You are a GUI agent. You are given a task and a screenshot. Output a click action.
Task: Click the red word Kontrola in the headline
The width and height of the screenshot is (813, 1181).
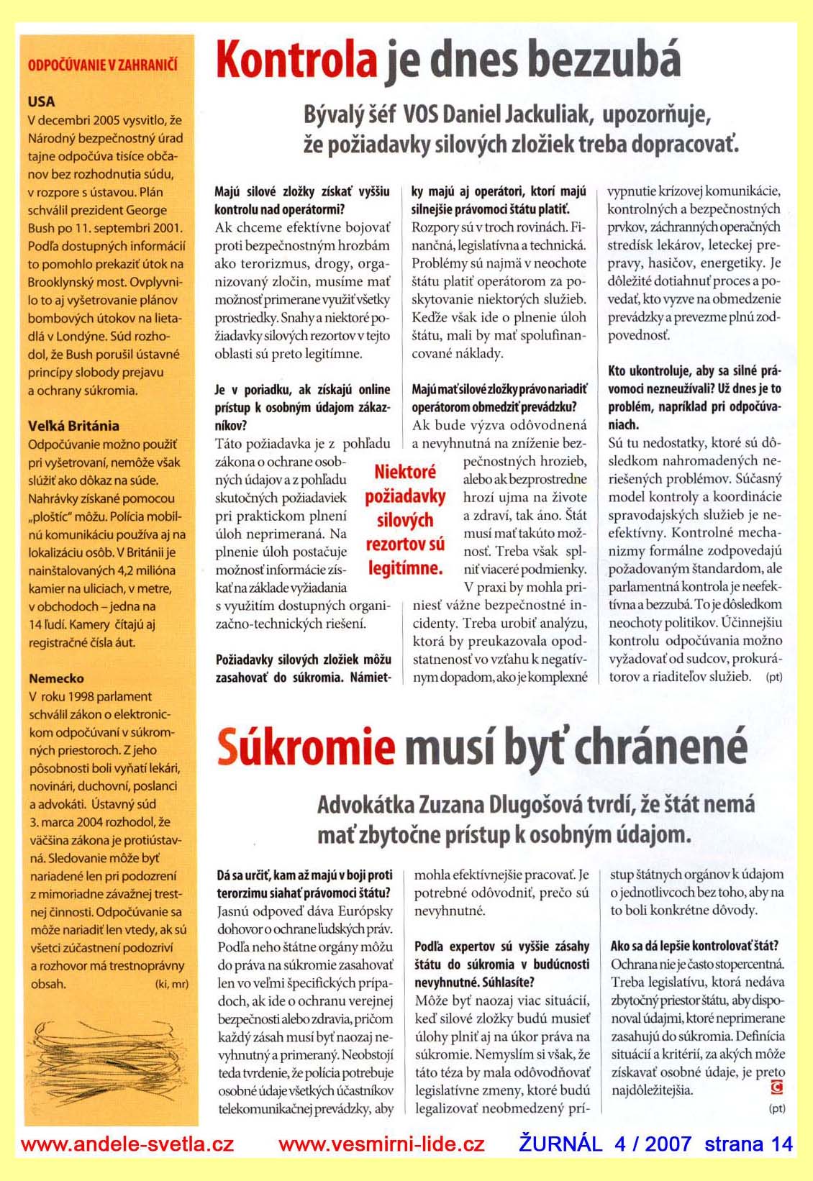coord(296,60)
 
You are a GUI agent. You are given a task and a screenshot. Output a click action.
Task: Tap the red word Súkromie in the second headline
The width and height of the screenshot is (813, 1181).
coord(306,747)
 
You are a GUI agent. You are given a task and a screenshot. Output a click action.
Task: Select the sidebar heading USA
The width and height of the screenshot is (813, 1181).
coord(42,101)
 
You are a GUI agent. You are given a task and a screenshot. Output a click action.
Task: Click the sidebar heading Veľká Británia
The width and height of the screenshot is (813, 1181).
coord(74,426)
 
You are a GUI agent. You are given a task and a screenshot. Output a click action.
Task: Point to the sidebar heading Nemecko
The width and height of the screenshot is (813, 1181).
coord(56,678)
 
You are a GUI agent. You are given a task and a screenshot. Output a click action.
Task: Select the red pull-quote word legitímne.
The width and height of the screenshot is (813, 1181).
coord(405,568)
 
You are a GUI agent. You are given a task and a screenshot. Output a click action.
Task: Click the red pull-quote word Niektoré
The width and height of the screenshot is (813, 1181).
coord(405,472)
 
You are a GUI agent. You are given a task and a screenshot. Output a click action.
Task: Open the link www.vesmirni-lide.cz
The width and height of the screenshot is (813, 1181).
coord(381,1144)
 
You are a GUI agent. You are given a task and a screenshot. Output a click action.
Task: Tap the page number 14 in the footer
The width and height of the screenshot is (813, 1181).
coord(780,1144)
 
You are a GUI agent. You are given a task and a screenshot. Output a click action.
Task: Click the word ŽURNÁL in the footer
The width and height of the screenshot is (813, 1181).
coord(560,1144)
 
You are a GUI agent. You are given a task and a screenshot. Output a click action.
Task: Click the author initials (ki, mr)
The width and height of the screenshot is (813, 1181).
coord(171,984)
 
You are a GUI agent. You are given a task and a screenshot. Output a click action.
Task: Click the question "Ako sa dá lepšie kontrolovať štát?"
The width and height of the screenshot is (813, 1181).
coord(694,946)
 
